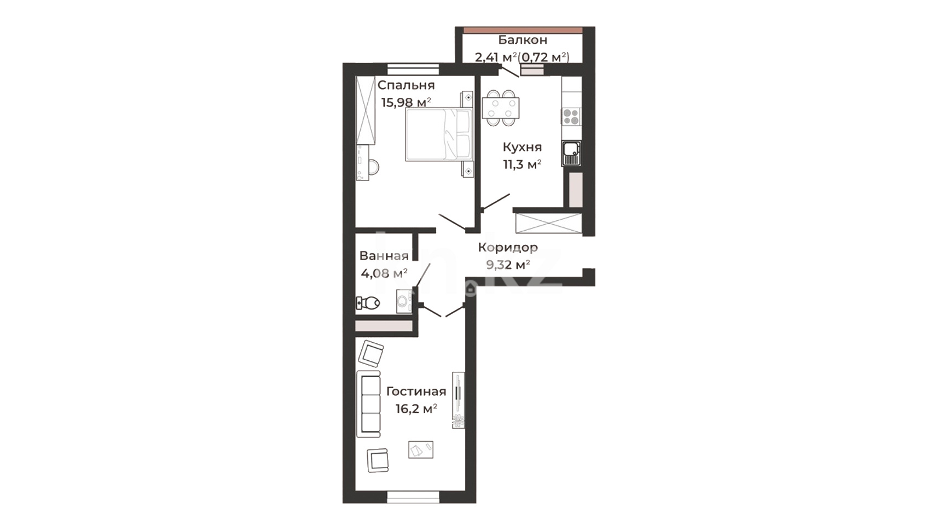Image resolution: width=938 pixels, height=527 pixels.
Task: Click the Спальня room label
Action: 406,85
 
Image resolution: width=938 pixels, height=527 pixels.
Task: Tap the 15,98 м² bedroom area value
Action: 406,102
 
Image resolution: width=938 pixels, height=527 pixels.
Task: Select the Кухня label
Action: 522,147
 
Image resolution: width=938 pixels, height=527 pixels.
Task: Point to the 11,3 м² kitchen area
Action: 522,165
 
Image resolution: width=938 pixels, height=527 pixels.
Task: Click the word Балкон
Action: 522,40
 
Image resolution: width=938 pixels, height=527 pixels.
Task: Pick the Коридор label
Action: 507,248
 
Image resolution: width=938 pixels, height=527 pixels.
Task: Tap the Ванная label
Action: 384,255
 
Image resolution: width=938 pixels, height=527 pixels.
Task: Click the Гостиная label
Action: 416,391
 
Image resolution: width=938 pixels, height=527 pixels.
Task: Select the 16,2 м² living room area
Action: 416,408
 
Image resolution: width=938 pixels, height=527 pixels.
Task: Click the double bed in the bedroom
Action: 438,134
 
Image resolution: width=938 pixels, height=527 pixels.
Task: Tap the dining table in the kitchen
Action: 501,108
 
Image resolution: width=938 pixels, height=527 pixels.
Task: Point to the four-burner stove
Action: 571,116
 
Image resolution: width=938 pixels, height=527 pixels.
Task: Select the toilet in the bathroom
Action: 368,302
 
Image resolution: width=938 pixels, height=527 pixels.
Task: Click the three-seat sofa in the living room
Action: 368,403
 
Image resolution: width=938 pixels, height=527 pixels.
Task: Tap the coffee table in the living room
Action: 421,449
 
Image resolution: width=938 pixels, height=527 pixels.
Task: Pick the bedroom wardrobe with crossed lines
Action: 366,110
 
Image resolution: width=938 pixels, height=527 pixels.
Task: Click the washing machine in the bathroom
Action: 404,301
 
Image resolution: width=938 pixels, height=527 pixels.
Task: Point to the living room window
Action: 413,497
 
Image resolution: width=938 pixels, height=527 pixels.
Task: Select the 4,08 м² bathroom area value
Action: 384,273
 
